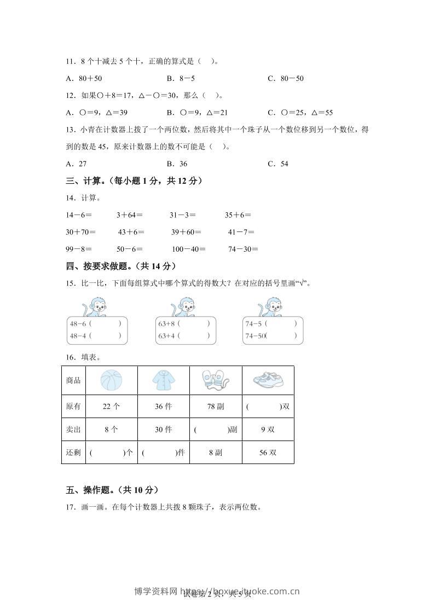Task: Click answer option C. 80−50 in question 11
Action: click(285, 78)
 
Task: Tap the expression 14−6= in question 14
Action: click(78, 215)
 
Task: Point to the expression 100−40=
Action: click(188, 249)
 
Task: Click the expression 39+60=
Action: click(186, 232)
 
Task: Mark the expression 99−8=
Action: click(78, 249)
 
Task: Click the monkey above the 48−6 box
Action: click(95, 307)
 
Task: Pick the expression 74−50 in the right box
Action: click(255, 336)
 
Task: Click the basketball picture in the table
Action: click(112, 380)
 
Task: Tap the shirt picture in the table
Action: click(163, 380)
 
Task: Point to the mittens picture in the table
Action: click(215, 380)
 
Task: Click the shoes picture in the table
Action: click(268, 380)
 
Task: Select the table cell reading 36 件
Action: click(163, 407)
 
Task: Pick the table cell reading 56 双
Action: click(268, 453)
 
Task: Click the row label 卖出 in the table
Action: click(73, 430)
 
